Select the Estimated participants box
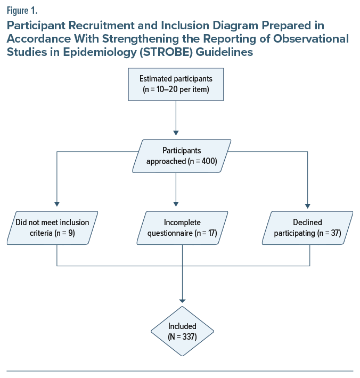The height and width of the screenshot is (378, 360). coord(176,84)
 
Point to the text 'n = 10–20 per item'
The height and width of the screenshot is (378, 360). coord(176,89)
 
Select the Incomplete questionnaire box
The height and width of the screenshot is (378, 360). coord(183,228)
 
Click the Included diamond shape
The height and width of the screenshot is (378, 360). coord(183,331)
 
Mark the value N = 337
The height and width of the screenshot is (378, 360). coord(183,336)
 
